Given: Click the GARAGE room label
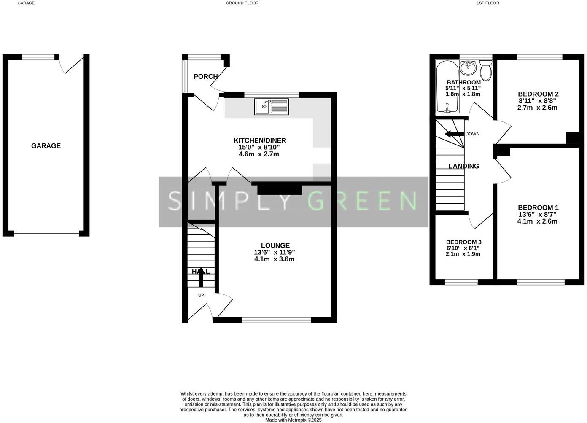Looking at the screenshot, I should pos(46,146).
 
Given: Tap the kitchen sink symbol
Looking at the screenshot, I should pos(272,106).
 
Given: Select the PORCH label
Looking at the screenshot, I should pos(205,77).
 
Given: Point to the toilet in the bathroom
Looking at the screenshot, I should pos(486,70).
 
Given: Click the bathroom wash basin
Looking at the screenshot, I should pos(468,67).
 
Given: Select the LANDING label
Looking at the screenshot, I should pos(463,166).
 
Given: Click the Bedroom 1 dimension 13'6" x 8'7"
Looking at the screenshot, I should pos(538,214).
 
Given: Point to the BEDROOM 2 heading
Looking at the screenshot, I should pos(538,94).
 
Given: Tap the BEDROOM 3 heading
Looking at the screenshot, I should pos(463,242).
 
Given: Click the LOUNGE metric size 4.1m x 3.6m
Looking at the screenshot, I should pos(275,259).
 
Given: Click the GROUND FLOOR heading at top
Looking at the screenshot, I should pos(242,3).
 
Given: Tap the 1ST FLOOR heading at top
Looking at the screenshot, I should pos(487,3).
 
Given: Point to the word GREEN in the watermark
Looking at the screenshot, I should pos(362,201).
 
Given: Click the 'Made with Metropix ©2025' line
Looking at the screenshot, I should pos(293,420).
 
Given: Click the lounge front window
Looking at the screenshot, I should pos(277,320).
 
